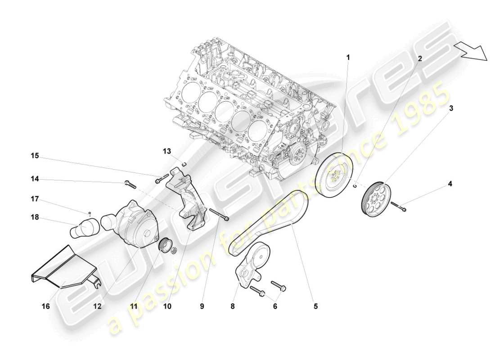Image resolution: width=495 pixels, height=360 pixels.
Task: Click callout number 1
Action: (x=347, y=58)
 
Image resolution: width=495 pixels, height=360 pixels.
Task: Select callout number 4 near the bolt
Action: (x=450, y=184)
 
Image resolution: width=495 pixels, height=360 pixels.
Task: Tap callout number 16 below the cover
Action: (x=46, y=306)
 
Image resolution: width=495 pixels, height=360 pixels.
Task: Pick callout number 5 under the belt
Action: (x=315, y=306)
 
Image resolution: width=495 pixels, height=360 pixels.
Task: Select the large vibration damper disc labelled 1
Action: (x=336, y=174)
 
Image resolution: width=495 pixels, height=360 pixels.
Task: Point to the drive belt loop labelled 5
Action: (x=270, y=220)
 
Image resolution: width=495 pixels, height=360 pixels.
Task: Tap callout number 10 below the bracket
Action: (x=168, y=306)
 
